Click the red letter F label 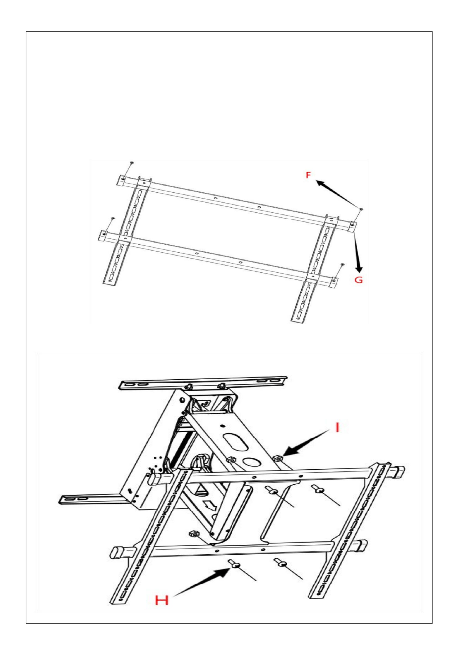[308, 175]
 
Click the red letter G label [359, 280]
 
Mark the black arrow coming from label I [308, 442]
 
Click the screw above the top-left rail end [132, 162]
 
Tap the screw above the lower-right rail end [342, 265]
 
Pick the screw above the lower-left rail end [112, 218]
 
